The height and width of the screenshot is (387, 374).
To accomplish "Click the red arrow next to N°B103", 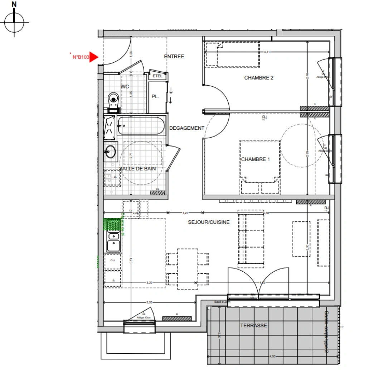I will click(93, 57).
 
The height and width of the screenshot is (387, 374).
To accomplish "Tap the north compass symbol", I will click(14, 23).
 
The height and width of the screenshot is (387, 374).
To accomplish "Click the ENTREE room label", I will click(174, 57).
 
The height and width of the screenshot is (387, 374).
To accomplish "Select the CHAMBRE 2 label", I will click(259, 78).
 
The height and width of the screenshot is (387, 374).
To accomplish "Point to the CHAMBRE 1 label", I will click(255, 159).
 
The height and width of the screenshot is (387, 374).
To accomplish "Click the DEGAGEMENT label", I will click(187, 128).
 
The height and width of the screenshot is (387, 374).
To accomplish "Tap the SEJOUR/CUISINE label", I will click(209, 222).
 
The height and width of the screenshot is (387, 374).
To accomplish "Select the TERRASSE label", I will click(253, 325).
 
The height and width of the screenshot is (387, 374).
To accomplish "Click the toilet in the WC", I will click(113, 99).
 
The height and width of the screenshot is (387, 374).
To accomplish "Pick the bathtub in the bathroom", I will click(141, 126).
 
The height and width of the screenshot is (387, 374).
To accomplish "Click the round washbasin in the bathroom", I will click(110, 151).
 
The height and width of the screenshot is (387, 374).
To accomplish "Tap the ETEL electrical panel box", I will click(157, 76).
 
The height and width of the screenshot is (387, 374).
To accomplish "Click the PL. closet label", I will click(155, 96).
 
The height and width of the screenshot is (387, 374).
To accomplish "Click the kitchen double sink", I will click(113, 242).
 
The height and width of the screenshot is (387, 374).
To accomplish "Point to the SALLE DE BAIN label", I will click(137, 168).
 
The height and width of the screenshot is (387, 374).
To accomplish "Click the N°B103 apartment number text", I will click(81, 57).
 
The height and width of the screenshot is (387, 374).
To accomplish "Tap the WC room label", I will click(125, 87).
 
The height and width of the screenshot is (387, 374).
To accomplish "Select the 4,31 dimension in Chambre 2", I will click(267, 52).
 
